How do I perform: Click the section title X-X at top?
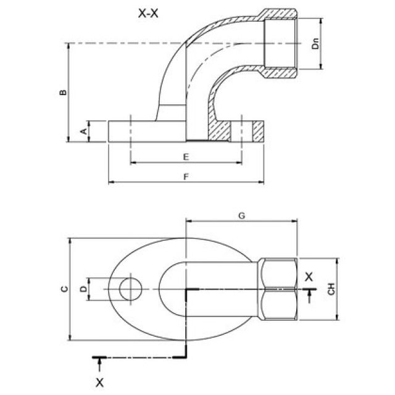tap(148, 14)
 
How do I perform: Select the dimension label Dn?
tap(315, 44)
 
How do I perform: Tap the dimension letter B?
tap(62, 92)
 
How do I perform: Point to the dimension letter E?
tap(186, 157)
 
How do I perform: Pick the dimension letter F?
tap(186, 177)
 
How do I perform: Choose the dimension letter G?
tap(242, 215)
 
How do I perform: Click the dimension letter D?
tap(83, 289)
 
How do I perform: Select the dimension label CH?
tap(331, 288)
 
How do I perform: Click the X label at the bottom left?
tap(99, 382)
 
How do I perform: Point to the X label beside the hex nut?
tap(309, 276)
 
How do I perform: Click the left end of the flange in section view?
tap(110, 131)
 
